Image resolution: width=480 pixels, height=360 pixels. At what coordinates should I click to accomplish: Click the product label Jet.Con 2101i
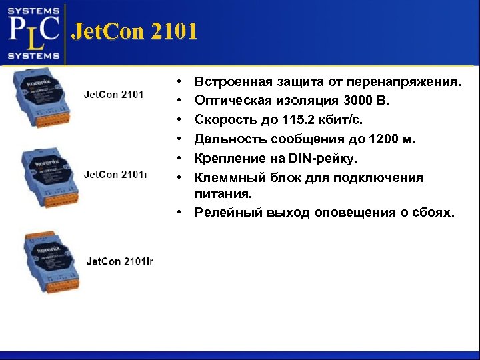(x=115, y=175)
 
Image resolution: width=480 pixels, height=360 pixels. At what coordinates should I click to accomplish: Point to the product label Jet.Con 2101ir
(x=120, y=261)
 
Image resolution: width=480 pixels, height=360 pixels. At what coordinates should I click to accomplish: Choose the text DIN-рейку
(x=323, y=159)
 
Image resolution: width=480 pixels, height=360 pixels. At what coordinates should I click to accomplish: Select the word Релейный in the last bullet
(x=226, y=213)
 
